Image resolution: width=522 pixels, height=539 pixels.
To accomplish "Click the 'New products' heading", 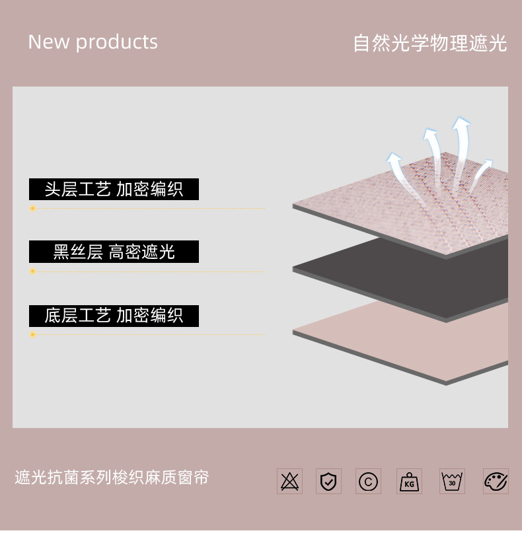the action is tap(93, 42).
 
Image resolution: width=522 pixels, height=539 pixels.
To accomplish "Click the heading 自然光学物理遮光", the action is tap(429, 44).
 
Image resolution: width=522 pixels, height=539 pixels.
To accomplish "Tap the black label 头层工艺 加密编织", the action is tap(114, 190).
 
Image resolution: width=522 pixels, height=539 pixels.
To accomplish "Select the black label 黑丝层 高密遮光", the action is tap(114, 252).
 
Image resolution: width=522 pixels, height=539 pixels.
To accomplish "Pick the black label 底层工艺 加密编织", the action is tap(114, 316).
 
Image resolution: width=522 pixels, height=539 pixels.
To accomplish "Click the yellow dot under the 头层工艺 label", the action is tap(32, 209).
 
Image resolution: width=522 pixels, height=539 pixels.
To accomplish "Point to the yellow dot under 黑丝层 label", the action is tap(32, 271).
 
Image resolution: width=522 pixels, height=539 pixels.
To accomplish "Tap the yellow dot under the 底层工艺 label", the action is tap(32, 335).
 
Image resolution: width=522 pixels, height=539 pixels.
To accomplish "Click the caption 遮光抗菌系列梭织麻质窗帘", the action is tap(112, 478).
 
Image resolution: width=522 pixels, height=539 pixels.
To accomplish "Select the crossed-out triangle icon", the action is tap(289, 481).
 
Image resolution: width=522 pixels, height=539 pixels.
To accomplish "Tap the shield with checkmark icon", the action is tap(328, 481).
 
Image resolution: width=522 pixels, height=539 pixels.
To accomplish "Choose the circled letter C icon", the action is tap(368, 481).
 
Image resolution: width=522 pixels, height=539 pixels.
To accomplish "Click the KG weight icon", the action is tap(409, 481).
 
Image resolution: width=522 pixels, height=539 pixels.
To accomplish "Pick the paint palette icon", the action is tap(496, 481).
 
